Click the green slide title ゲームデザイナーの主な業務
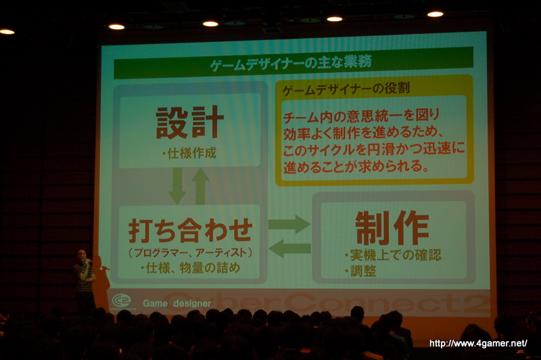coord(291,64)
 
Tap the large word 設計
coord(190,122)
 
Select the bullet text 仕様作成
coord(189,153)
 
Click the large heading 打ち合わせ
coord(191,230)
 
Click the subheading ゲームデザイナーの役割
coord(346,89)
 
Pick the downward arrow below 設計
coord(177,185)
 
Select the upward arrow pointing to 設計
coord(200,186)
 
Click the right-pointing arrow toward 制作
coord(289,225)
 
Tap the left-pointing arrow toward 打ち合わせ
coord(290,248)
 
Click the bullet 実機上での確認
coord(393,255)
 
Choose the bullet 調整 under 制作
coord(360,271)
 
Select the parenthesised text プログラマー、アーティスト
coord(191,252)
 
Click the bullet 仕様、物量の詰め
coord(190,268)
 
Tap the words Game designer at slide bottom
coord(177,303)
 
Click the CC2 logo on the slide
coord(122,300)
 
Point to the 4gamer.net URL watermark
coord(478,344)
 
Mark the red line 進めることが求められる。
coord(356,166)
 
